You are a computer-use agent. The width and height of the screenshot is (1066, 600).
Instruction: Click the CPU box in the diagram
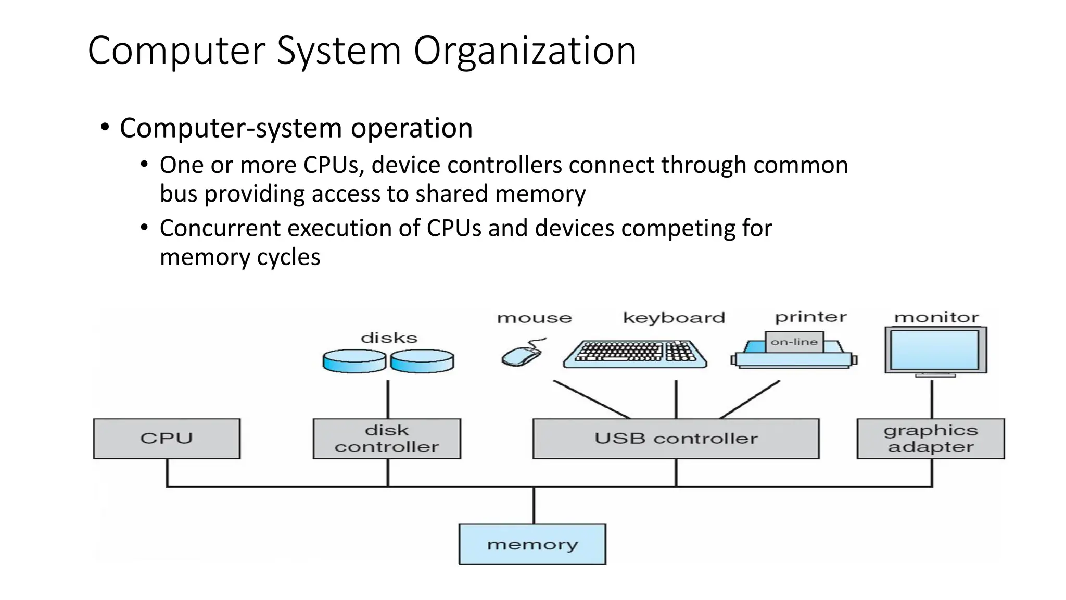coord(167,439)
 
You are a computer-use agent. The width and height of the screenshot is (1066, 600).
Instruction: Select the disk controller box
coord(387,439)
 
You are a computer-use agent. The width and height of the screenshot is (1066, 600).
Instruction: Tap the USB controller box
coord(676,439)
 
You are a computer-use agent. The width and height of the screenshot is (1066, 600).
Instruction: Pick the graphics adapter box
coord(931,439)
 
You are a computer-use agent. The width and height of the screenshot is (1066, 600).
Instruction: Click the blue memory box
coord(532,544)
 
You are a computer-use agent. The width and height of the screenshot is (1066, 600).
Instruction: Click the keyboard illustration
coord(635,354)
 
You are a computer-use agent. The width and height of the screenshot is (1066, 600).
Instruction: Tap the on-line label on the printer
coord(794,342)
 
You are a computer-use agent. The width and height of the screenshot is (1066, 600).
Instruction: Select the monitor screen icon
coord(935,350)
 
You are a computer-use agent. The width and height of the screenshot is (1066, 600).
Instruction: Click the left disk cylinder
coord(354,361)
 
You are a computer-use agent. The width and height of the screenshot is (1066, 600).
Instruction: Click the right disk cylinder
coord(422,361)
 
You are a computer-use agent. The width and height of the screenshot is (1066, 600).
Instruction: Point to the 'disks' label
coord(389,338)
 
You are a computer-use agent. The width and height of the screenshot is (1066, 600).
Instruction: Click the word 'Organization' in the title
coord(525,51)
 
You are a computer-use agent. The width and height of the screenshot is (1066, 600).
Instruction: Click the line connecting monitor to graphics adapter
coord(932,398)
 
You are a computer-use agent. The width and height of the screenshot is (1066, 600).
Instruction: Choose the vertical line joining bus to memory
coord(534,505)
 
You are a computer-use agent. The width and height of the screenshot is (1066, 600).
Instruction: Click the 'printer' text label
coord(810,317)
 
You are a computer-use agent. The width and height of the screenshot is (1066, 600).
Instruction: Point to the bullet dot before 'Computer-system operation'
coord(105,128)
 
